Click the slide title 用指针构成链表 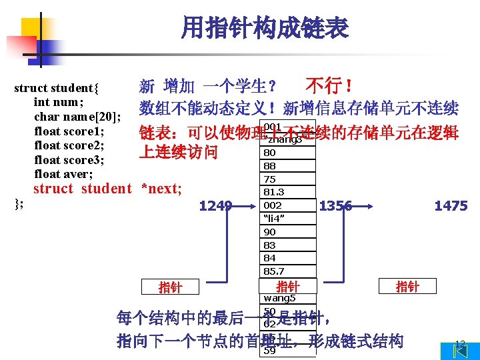point(265,28)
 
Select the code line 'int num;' point(58,102)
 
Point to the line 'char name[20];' point(77,117)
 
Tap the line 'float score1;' point(69,131)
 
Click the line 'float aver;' point(63,174)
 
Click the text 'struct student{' point(57,88)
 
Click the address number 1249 point(215,206)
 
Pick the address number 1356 point(335,206)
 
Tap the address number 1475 point(451,206)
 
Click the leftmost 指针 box point(170,287)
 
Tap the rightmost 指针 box point(407,287)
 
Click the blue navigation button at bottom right point(459,350)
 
